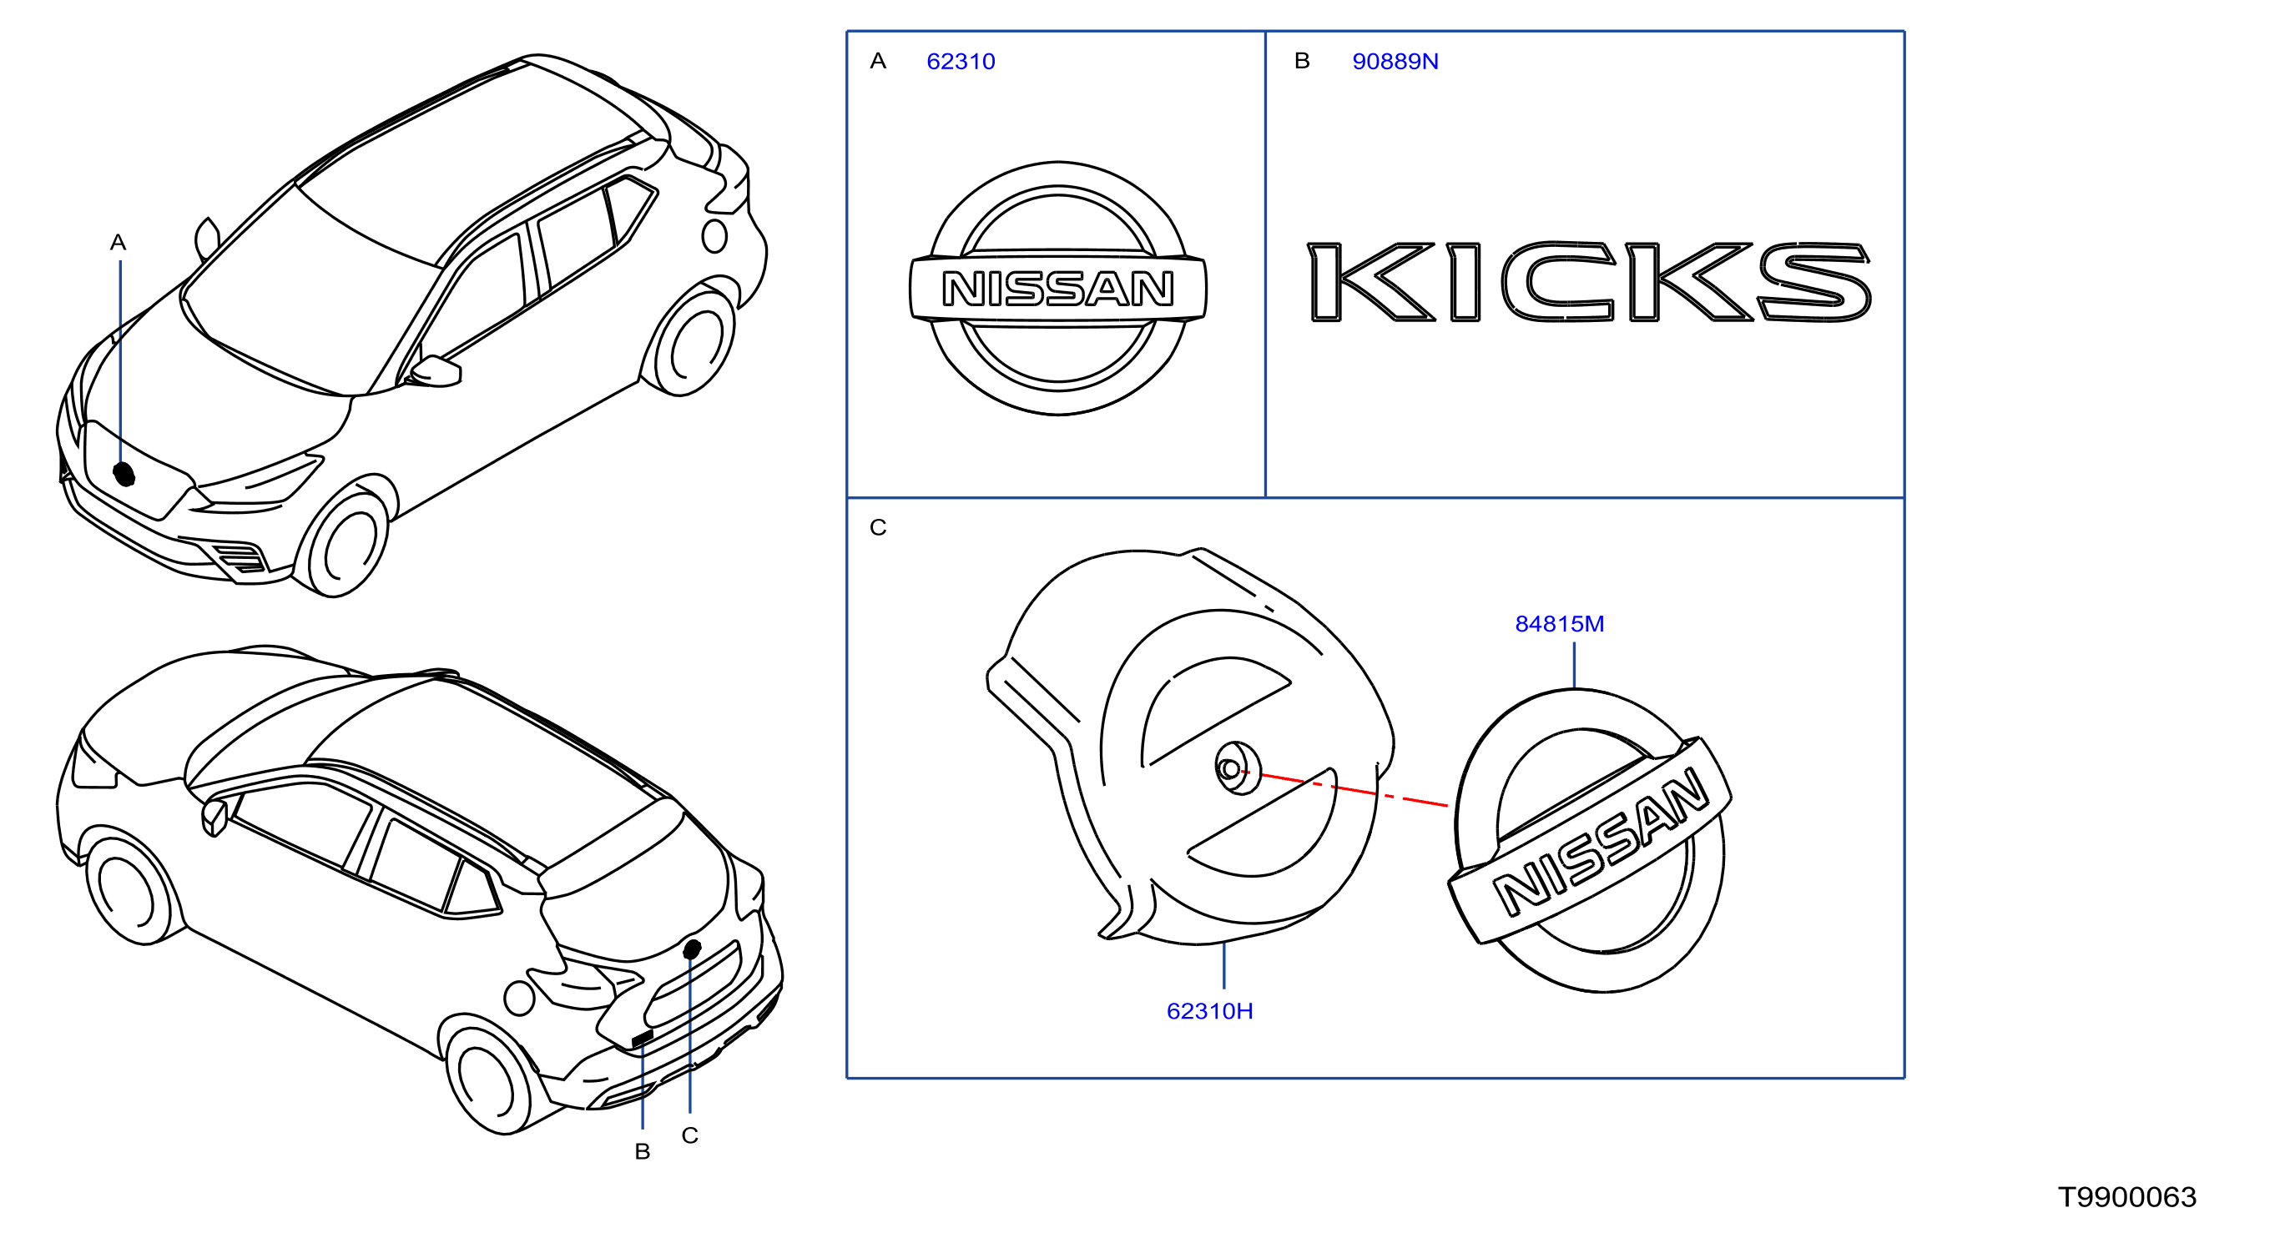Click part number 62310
pos(961,61)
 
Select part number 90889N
pos(1395,61)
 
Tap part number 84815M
pos(1560,623)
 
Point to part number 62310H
pos(1210,1011)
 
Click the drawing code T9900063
pos(2127,1197)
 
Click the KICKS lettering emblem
pos(1590,281)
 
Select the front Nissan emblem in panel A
pos(1058,288)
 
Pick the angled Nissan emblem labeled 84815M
pos(1591,841)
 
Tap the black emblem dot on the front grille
pos(124,475)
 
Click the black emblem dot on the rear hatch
pos(692,949)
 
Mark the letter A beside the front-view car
pos(118,242)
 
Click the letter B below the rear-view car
pos(643,1151)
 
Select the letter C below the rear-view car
pos(690,1135)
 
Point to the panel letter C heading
pos(878,528)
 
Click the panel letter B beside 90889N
pos(1302,60)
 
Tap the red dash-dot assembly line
pos(1354,789)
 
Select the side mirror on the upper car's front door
pos(436,370)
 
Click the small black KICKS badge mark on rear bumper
pos(643,1038)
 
